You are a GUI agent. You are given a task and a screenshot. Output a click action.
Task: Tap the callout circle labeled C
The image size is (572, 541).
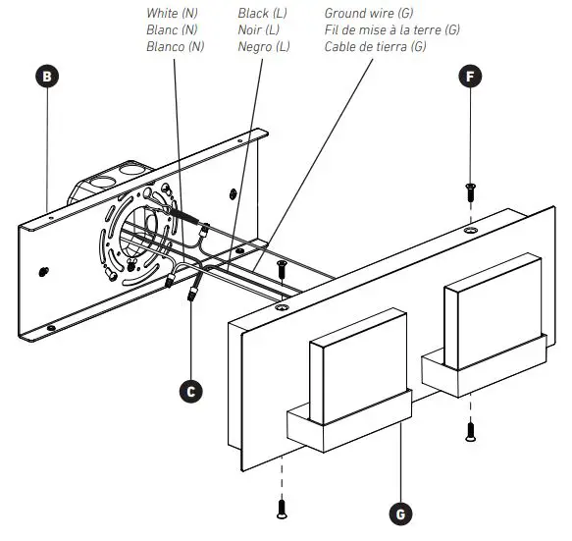pyautogui.click(x=193, y=391)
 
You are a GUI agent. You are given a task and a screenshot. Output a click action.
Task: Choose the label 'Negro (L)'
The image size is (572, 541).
pyautogui.click(x=264, y=45)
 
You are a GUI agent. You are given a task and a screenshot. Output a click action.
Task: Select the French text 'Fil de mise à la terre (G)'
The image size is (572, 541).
pyautogui.click(x=391, y=29)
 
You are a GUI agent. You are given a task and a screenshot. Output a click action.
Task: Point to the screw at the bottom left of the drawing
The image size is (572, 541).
pyautogui.click(x=282, y=508)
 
